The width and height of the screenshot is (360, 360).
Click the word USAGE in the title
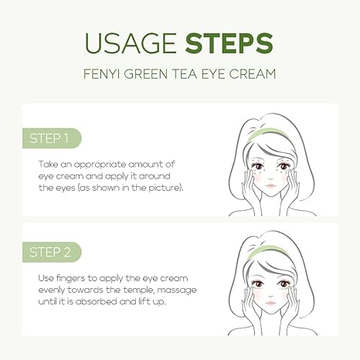131,42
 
